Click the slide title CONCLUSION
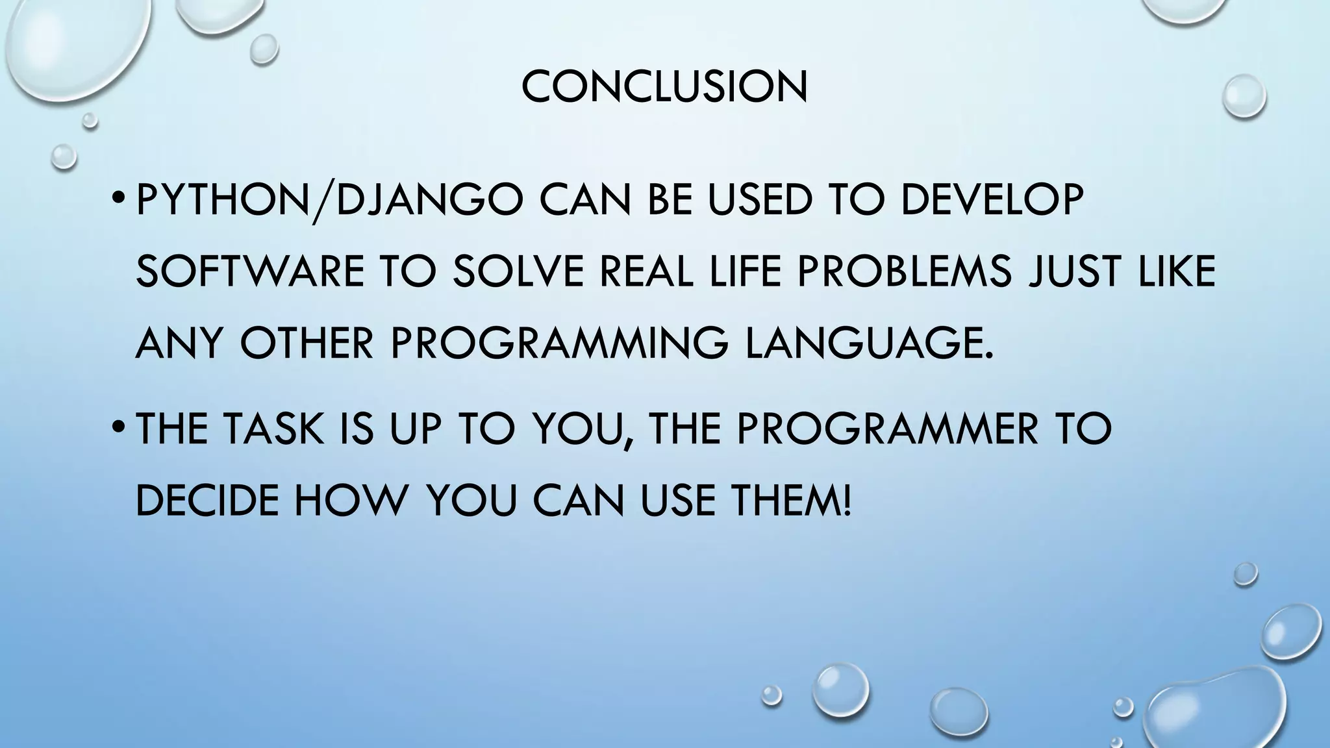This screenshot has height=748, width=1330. point(664,87)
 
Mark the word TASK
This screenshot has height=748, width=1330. point(273,429)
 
